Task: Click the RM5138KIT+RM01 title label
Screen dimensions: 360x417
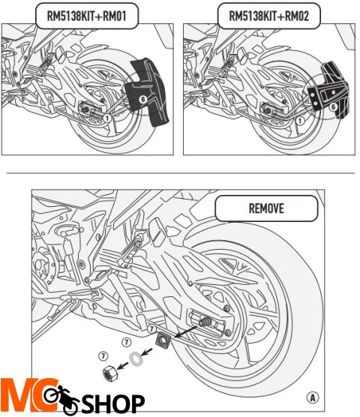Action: pos(87,16)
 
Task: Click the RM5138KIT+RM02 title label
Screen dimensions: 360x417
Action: pos(268,16)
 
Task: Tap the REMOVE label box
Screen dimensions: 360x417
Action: pos(266,208)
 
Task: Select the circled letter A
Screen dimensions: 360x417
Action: pos(313,397)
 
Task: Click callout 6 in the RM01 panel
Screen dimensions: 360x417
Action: pos(143,100)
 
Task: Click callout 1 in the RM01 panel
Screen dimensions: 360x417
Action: pos(107,118)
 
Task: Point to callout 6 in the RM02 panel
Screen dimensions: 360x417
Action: pos(333,107)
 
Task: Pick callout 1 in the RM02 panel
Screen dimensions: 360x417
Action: pos(300,121)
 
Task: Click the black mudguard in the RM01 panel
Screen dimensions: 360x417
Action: pos(148,91)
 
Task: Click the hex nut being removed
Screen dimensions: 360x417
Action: pos(109,373)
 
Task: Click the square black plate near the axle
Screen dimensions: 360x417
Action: pos(163,340)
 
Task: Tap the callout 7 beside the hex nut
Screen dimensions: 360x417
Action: pos(103,355)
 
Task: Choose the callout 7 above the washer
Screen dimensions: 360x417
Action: pos(126,342)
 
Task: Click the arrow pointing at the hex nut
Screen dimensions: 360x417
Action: pos(123,366)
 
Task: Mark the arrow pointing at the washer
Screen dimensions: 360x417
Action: pos(147,352)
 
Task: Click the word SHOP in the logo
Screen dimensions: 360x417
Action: pos(113,403)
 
